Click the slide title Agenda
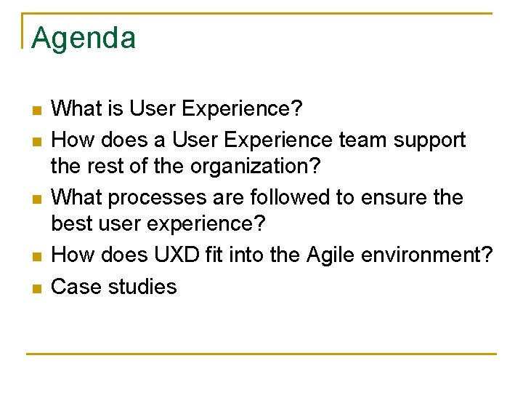tap(84, 38)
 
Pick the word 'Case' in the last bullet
tap(76, 286)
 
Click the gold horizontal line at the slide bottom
tap(261, 354)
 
